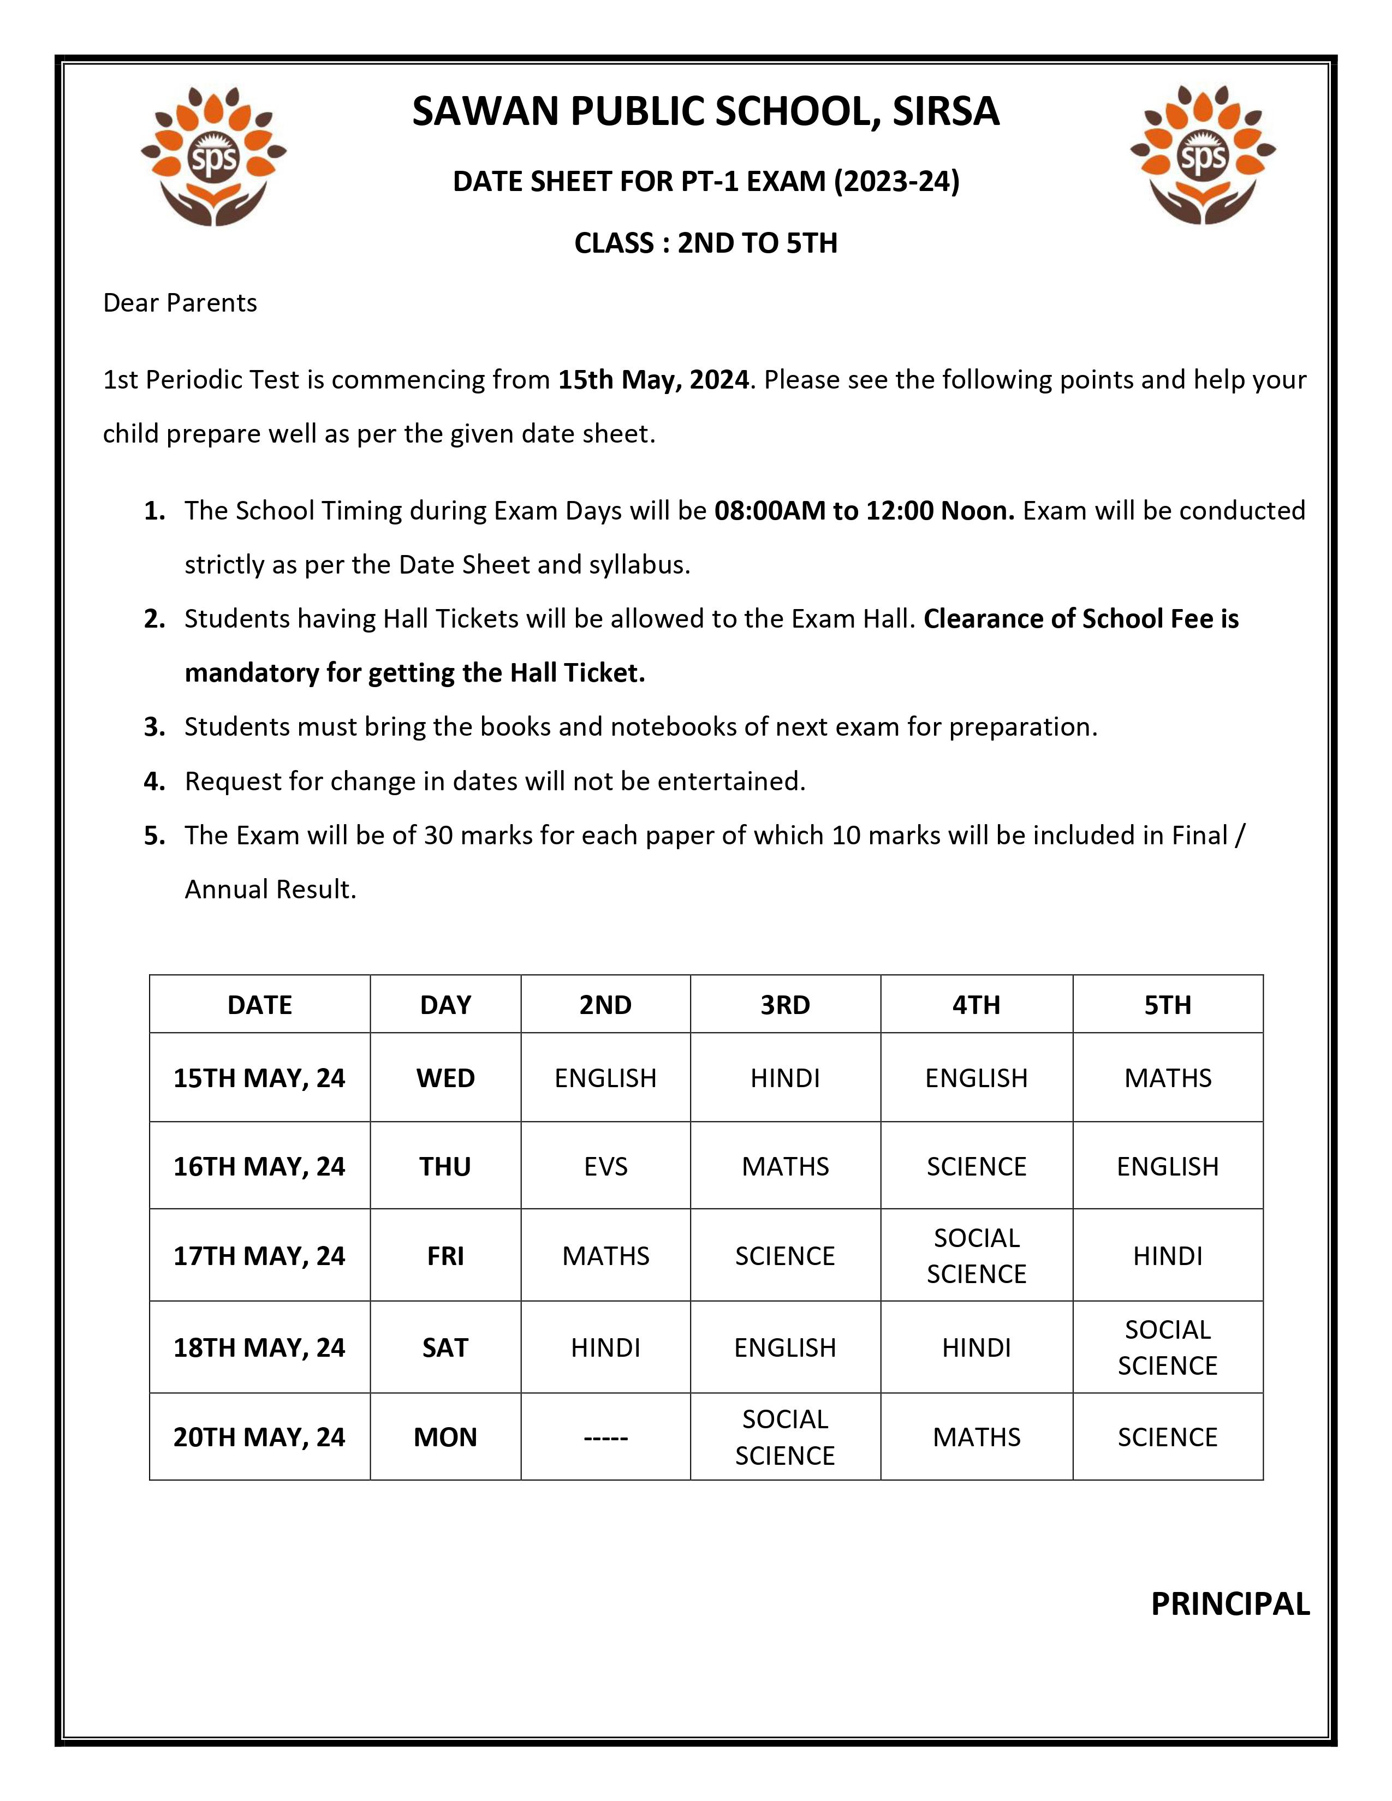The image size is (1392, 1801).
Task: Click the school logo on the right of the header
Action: point(1203,155)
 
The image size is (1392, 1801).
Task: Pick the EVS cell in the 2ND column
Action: point(605,1166)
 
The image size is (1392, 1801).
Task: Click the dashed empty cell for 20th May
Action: point(605,1438)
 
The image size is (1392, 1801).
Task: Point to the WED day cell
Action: point(445,1078)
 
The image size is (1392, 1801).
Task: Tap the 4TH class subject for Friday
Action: point(977,1256)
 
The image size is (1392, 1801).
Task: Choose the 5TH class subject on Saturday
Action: point(1167,1347)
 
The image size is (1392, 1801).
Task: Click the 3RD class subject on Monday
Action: point(784,1438)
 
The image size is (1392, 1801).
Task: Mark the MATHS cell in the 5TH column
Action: point(1167,1078)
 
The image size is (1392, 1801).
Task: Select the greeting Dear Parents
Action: point(180,303)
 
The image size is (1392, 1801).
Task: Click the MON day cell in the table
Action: point(445,1438)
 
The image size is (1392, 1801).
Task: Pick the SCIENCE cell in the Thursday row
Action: point(977,1166)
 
